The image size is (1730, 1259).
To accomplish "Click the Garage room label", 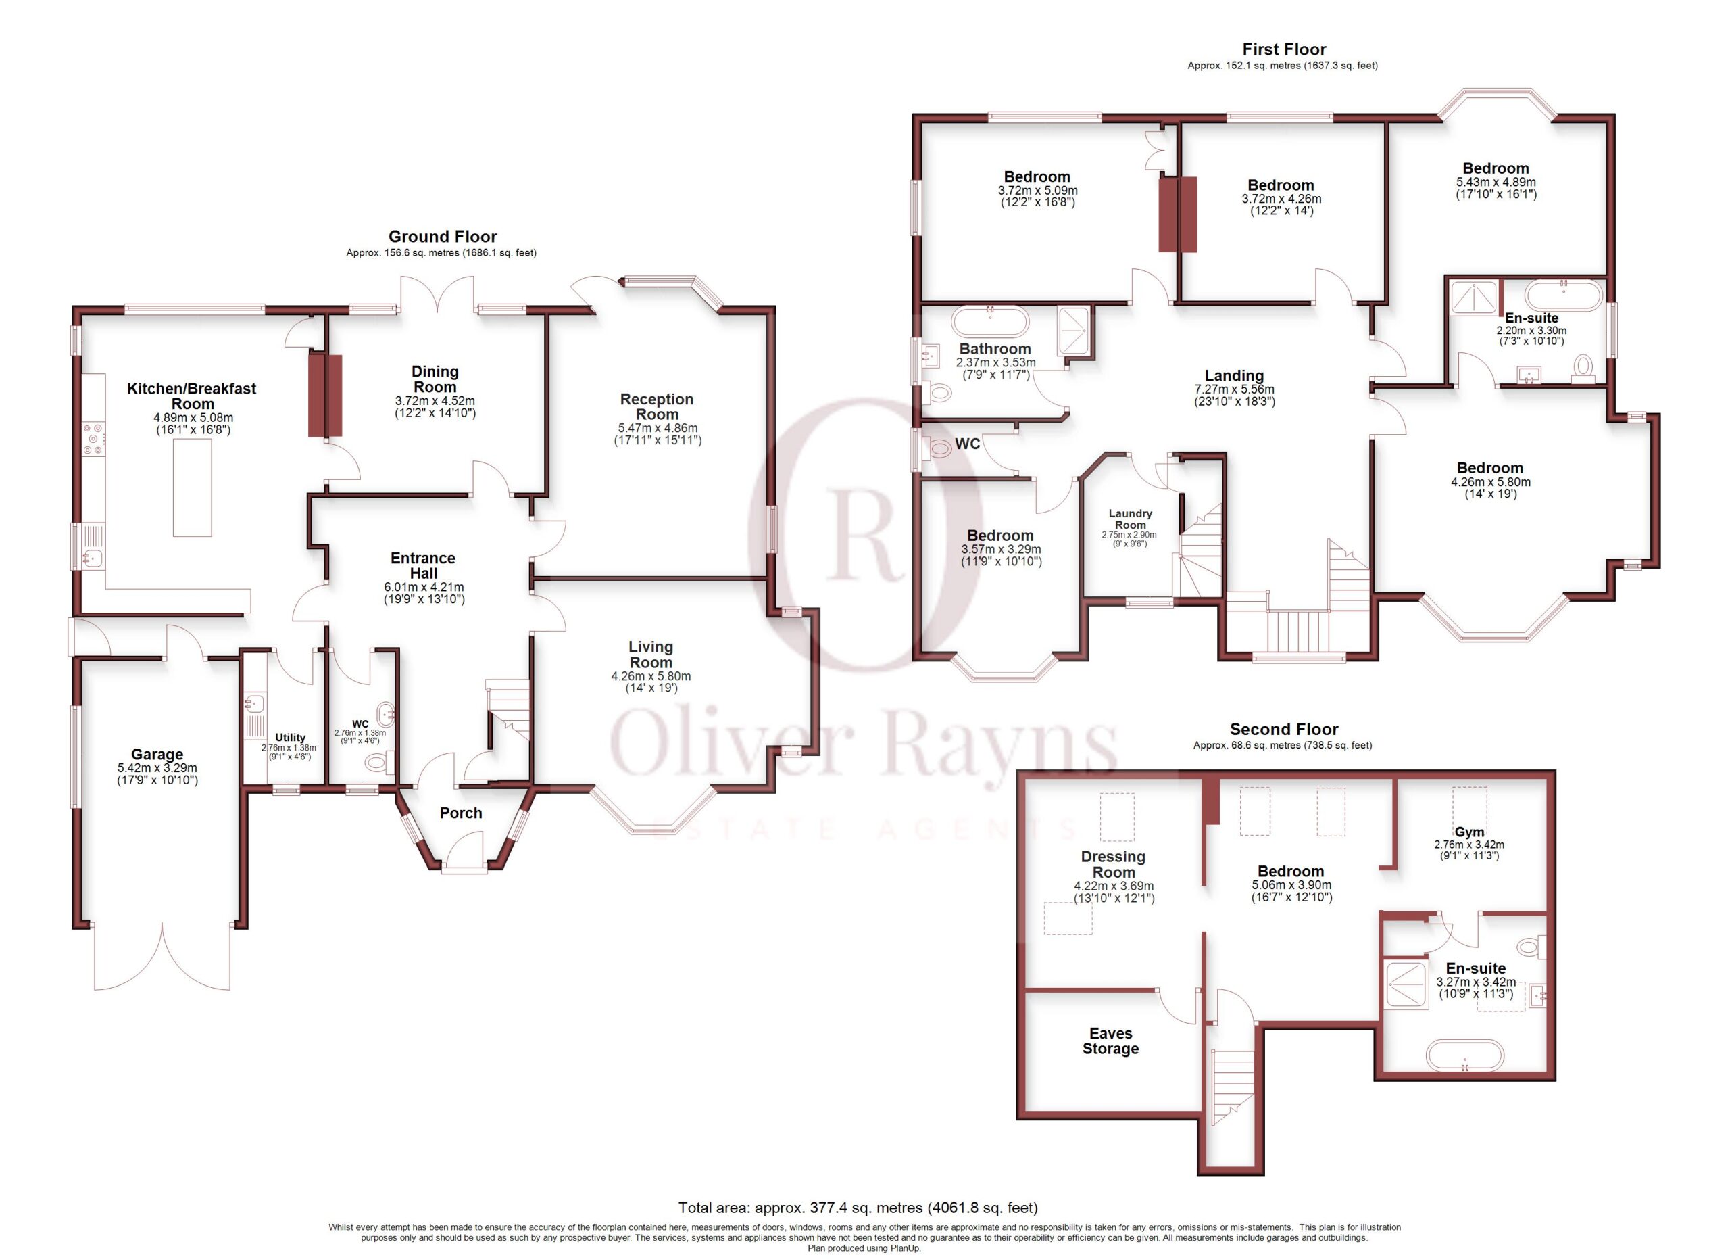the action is (157, 754).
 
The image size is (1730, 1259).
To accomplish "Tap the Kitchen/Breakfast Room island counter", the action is (192, 488).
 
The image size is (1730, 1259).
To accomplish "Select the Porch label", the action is (461, 813).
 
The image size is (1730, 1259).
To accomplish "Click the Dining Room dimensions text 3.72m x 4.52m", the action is (435, 400).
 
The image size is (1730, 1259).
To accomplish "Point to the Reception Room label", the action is (657, 406).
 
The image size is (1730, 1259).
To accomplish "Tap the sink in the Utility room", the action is (255, 703).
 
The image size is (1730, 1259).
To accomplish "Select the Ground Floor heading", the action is (443, 237).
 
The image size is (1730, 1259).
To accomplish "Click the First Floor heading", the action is (1284, 49).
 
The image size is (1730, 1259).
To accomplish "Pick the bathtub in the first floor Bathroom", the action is (990, 321).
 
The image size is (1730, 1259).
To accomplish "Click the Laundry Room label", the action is (1131, 519).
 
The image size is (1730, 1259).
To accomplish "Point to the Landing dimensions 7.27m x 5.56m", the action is (1234, 389).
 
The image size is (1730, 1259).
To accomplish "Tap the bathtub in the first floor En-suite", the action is (1564, 295).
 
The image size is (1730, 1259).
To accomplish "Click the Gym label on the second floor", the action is (1469, 832).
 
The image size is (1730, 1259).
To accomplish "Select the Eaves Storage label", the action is (1110, 1041).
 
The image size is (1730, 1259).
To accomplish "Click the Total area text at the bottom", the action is (858, 1207).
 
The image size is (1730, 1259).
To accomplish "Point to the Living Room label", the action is (651, 655).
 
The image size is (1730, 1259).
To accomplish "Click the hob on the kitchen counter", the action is (93, 439).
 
